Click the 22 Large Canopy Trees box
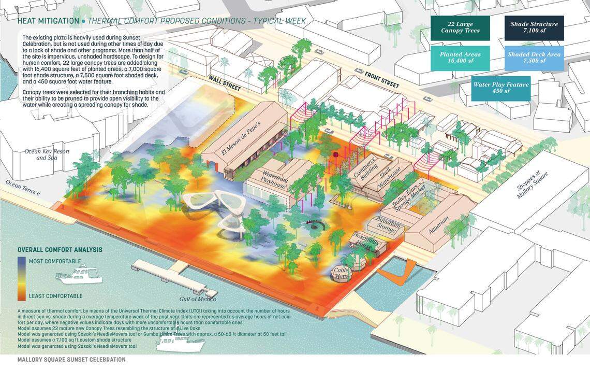point(460,27)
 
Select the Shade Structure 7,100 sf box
point(534,27)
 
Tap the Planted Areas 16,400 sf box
point(460,58)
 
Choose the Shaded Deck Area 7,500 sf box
point(534,58)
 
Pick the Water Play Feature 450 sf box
point(500,88)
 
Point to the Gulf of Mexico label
point(199,299)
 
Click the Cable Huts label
point(341,273)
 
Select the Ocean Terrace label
point(22,188)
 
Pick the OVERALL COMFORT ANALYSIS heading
point(60,250)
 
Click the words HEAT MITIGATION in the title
point(48,21)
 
